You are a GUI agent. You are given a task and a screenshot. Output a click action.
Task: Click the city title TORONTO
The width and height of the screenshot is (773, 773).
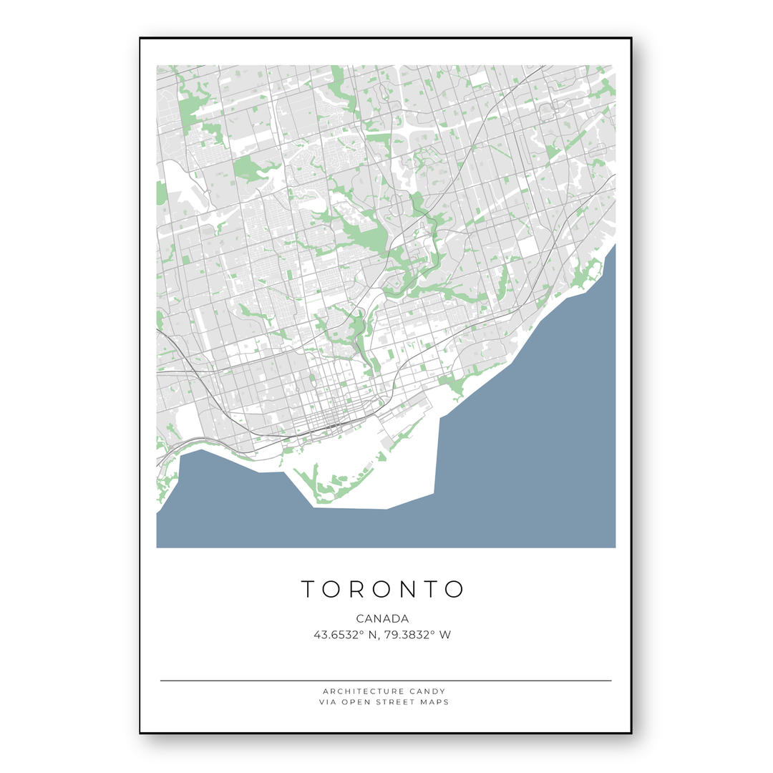pos(383,589)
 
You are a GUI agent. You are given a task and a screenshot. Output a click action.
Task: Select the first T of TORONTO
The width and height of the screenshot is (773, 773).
pos(308,589)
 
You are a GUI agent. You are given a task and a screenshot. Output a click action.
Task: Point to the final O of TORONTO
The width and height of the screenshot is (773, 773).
pos(454,589)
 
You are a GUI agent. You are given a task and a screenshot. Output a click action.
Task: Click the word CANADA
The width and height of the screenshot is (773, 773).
pos(382,618)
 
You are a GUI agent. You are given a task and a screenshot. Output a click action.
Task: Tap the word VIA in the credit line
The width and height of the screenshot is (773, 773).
pos(328,702)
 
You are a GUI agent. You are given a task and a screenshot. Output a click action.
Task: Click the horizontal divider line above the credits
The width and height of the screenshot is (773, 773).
pos(386,681)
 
